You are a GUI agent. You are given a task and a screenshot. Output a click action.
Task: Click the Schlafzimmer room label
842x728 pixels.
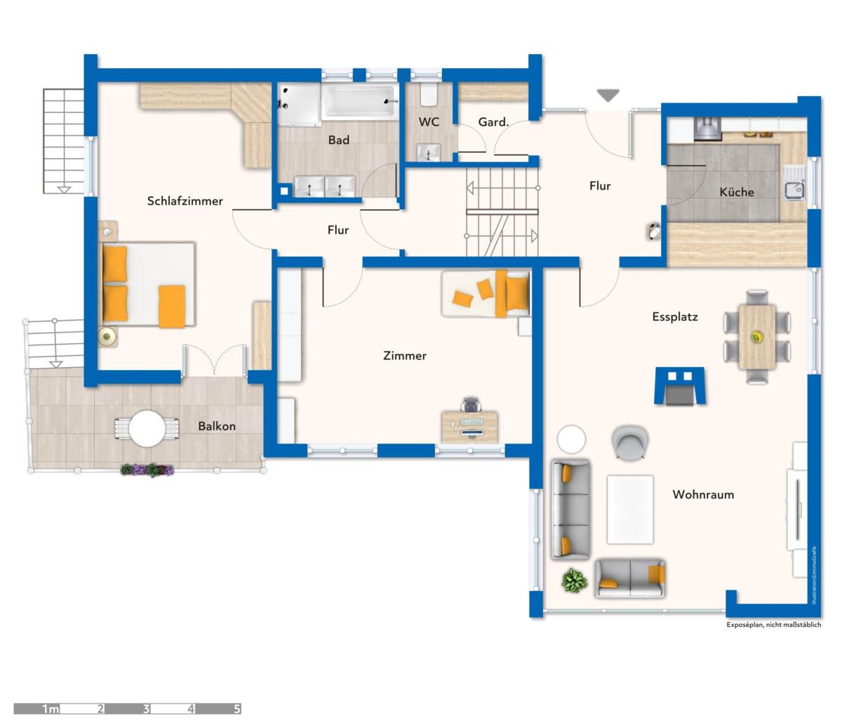tap(185, 201)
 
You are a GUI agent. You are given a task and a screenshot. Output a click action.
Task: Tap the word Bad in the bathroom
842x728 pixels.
tap(338, 140)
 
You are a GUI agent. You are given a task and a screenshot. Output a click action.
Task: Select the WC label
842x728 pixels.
tap(429, 122)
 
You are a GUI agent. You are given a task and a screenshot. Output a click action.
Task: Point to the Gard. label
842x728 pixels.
tap(493, 122)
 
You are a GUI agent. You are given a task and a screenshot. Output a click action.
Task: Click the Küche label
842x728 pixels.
tap(737, 192)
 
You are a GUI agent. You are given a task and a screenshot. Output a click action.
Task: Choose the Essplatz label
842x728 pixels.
tap(675, 317)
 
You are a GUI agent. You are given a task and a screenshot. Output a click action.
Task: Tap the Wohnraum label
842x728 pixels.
tap(703, 494)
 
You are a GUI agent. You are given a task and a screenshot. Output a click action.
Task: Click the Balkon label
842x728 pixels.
tap(217, 426)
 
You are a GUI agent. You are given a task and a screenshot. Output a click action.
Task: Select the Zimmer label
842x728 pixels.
tap(404, 355)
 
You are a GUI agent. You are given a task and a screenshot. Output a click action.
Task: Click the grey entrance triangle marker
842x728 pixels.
tap(608, 95)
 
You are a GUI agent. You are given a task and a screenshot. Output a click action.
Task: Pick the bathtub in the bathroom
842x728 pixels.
tap(359, 101)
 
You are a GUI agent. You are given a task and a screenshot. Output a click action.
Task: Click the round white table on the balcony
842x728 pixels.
tap(147, 428)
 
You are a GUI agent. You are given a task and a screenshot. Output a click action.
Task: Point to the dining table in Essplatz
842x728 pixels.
tap(757, 337)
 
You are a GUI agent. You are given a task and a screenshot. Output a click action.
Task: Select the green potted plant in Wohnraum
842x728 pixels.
tap(575, 581)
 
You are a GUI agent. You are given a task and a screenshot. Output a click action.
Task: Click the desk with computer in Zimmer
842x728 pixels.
tap(469, 427)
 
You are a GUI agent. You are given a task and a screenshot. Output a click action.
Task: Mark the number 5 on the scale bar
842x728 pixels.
tap(236, 708)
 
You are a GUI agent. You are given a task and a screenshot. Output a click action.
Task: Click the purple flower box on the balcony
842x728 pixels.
tap(147, 470)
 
